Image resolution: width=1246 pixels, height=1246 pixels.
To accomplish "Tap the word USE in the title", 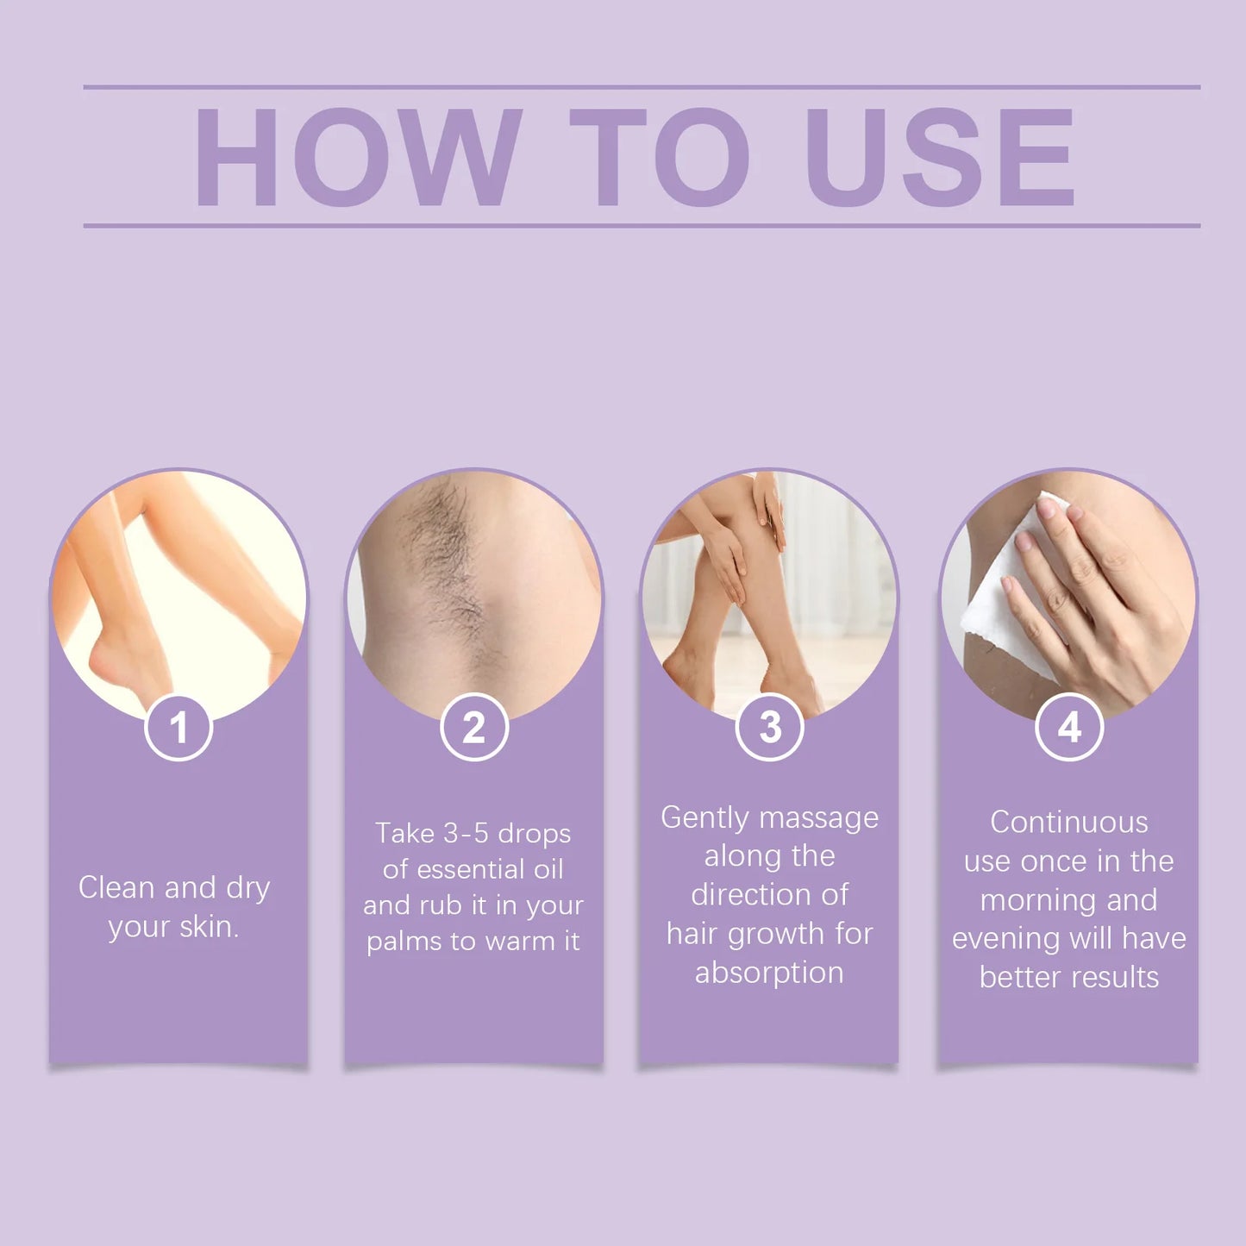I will coord(940,157).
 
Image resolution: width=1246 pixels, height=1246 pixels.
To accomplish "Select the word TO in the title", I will coord(660,157).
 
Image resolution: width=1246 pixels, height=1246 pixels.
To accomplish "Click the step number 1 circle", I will coord(178,727).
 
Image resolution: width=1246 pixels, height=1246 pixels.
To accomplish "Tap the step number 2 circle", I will coord(474,727).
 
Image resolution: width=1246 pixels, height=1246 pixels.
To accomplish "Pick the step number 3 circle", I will coord(770,727).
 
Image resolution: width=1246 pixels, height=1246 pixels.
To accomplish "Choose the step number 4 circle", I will coord(1069,727).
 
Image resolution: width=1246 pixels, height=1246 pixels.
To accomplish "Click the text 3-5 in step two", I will coord(466,833).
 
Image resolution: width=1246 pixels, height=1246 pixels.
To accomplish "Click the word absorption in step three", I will coord(769,973).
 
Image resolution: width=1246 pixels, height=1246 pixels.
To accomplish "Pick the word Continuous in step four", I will coord(1068,822).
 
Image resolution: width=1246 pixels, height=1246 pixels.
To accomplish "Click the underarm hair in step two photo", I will coord(448,552).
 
